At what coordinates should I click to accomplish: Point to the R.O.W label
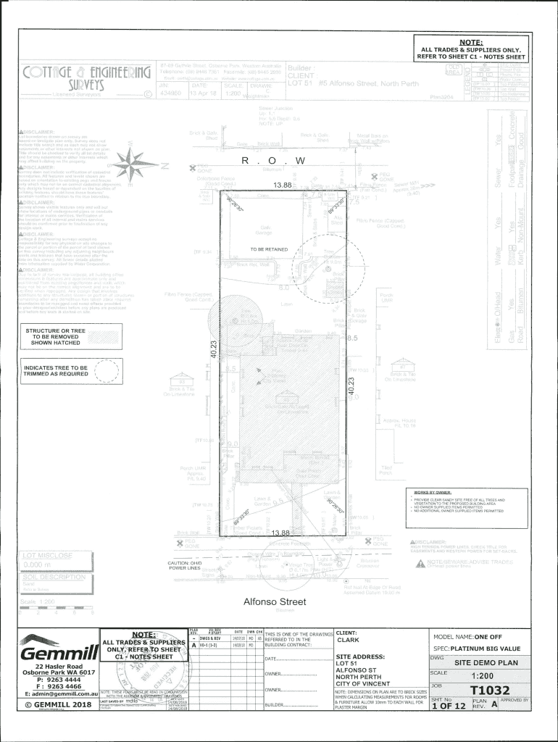tap(275, 160)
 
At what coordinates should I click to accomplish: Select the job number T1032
tap(490, 690)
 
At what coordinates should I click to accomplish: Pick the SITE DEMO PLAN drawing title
tap(486, 662)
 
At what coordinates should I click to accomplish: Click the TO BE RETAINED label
tap(269, 249)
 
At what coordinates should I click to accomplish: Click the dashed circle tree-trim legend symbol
tap(106, 371)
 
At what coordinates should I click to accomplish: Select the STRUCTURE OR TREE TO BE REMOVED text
tap(55, 337)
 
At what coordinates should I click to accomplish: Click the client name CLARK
tap(349, 640)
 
